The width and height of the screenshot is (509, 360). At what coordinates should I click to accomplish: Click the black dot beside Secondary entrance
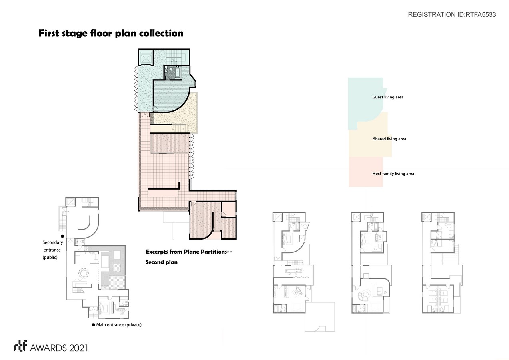(x=62, y=236)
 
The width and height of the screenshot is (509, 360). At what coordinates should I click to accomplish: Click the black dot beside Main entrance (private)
(x=93, y=325)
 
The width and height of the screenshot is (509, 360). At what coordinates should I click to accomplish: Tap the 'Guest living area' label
(x=388, y=97)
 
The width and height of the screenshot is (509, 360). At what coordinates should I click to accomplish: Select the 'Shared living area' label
(x=389, y=139)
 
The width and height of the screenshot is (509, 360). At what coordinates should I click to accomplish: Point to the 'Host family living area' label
(x=393, y=174)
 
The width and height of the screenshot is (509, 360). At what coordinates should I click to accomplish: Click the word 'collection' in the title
(x=161, y=33)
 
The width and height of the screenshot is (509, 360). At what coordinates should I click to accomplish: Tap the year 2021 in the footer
(x=78, y=348)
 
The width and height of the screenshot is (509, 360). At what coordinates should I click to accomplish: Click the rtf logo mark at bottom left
(x=20, y=346)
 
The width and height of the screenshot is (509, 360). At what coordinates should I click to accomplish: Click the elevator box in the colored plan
(x=146, y=57)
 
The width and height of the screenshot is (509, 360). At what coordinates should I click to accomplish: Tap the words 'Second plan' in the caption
(x=162, y=262)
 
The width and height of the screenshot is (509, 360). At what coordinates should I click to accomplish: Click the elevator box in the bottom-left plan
(x=70, y=202)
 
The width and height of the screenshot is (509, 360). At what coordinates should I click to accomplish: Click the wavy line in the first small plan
(x=301, y=277)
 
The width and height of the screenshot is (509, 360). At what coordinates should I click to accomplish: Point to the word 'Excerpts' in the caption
(x=157, y=252)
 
